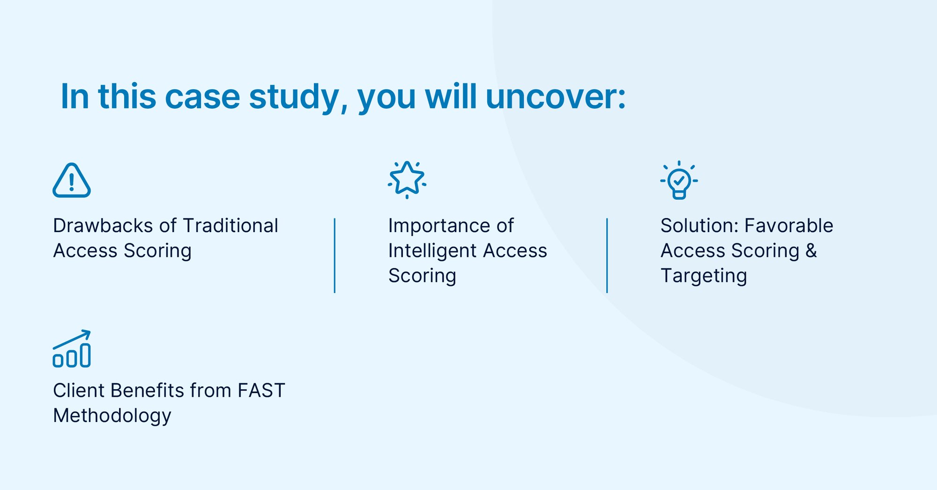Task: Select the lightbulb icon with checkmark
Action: [x=679, y=180]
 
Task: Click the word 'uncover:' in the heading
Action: [x=556, y=97]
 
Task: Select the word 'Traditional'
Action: [x=231, y=226]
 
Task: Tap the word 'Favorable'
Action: [x=789, y=226]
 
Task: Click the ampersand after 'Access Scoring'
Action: [x=811, y=250]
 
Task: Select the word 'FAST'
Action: [x=261, y=391]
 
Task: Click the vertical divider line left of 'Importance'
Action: [x=335, y=256]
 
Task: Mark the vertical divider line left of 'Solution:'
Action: [x=607, y=256]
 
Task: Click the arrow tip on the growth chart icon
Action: [x=90, y=331]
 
